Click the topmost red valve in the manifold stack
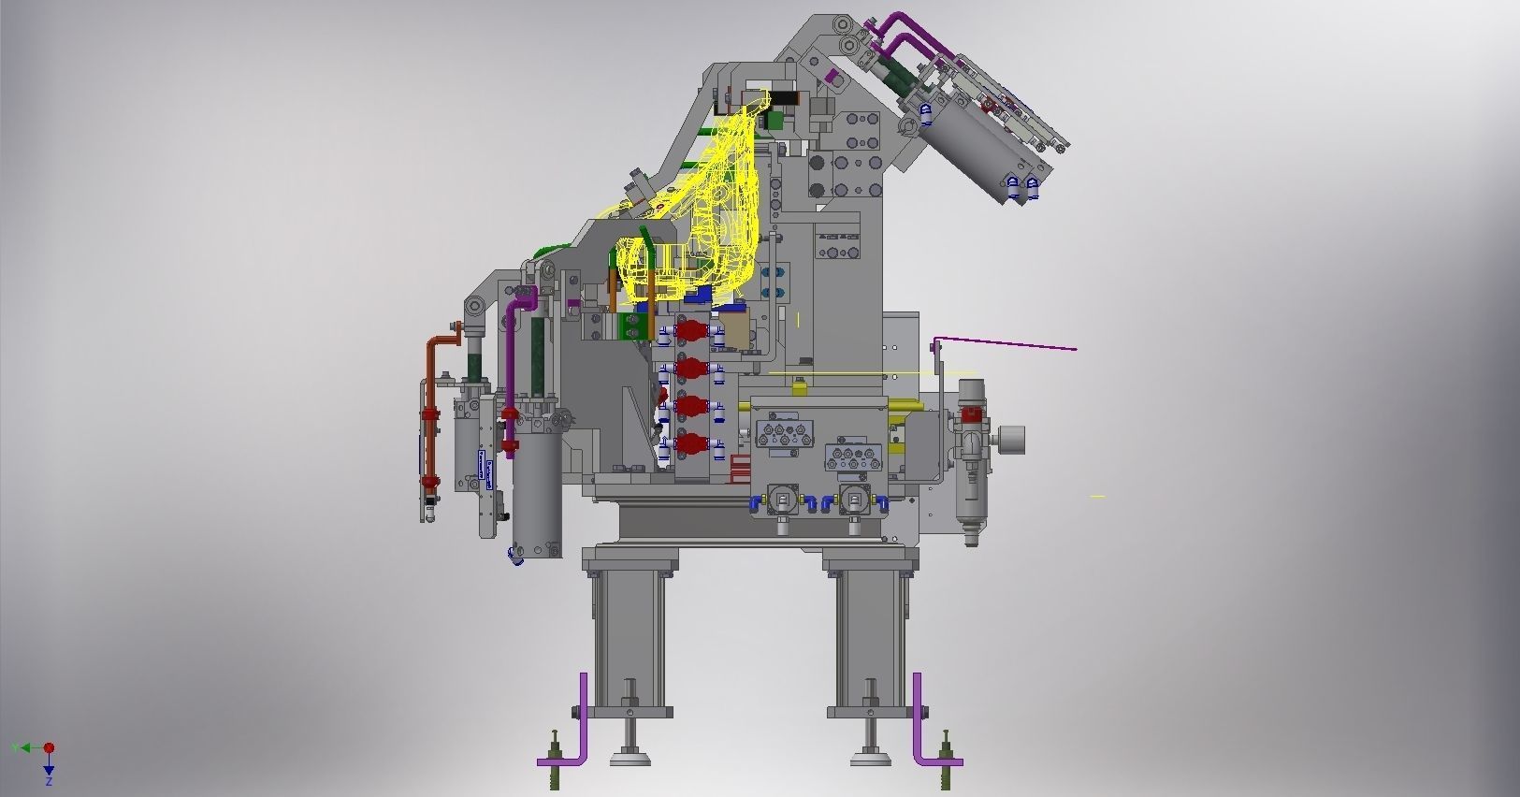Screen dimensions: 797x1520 (689, 331)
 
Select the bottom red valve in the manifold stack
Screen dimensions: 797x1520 (689, 443)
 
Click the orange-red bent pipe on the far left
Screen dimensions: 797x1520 (431, 412)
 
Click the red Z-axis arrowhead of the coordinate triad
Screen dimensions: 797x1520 (49, 748)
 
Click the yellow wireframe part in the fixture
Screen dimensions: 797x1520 (711, 215)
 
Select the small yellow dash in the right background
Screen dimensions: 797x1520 (1097, 496)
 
